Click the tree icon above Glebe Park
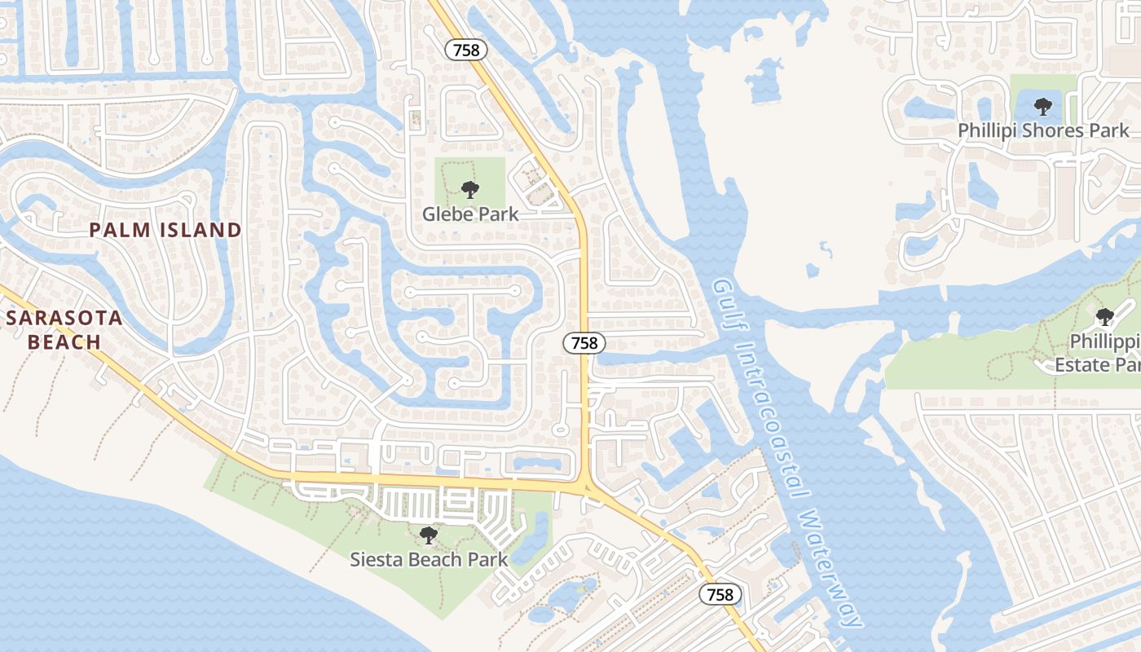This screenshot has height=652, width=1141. click(x=469, y=190)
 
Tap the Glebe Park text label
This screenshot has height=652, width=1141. click(x=470, y=214)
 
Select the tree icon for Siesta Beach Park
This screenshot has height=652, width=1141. click(x=428, y=535)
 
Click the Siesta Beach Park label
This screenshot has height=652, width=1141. click(x=429, y=560)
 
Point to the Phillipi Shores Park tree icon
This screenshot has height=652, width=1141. click(x=1042, y=106)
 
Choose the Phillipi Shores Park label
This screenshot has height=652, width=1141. click(x=1043, y=130)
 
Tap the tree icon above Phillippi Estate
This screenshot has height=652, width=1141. click(x=1105, y=316)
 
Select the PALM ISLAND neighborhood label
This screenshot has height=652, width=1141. click(x=165, y=230)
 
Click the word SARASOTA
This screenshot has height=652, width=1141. click(x=64, y=318)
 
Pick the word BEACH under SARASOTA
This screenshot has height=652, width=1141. click(x=64, y=341)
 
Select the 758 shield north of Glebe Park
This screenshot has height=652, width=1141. click(x=466, y=50)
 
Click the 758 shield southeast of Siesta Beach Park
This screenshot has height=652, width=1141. click(x=720, y=594)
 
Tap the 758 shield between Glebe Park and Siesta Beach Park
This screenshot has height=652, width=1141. click(x=584, y=343)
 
